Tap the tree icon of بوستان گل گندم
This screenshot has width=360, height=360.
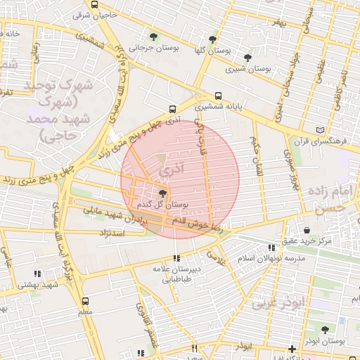pyautogui.click(x=163, y=193)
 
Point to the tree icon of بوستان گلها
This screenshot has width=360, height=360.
pyautogui.click(x=213, y=39)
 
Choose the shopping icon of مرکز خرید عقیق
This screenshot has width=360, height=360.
pyautogui.click(x=307, y=231)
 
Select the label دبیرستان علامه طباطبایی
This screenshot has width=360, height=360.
pyautogui.click(x=176, y=274)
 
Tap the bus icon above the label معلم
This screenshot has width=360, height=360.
pyautogui.click(x=85, y=300)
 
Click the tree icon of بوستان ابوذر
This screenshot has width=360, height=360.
pyautogui.click(x=324, y=330)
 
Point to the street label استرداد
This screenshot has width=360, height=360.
pyautogui.click(x=112, y=232)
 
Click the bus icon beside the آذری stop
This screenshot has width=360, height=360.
pyautogui.click(x=172, y=109)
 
